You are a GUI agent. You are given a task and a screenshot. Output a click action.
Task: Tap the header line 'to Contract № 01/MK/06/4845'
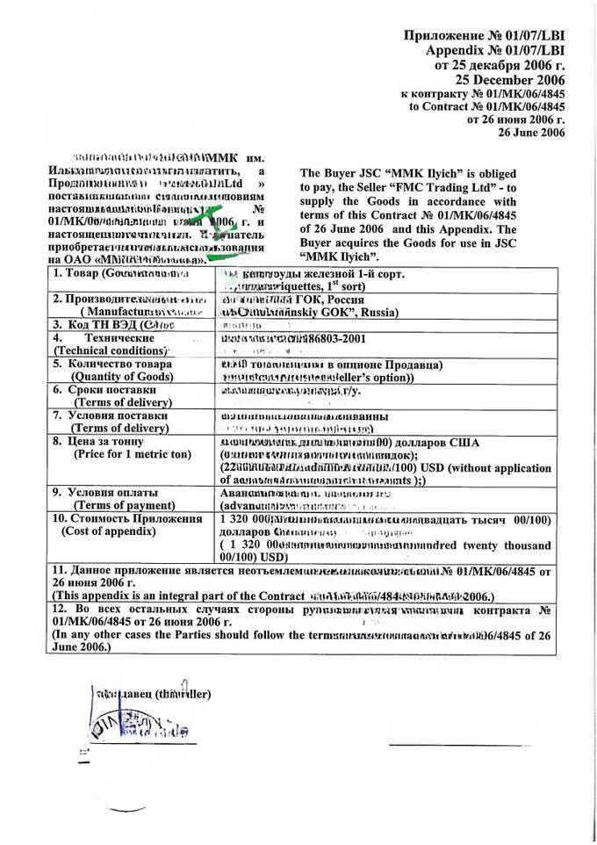pos(487,106)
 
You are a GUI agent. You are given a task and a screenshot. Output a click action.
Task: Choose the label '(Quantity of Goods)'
pos(115,377)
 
